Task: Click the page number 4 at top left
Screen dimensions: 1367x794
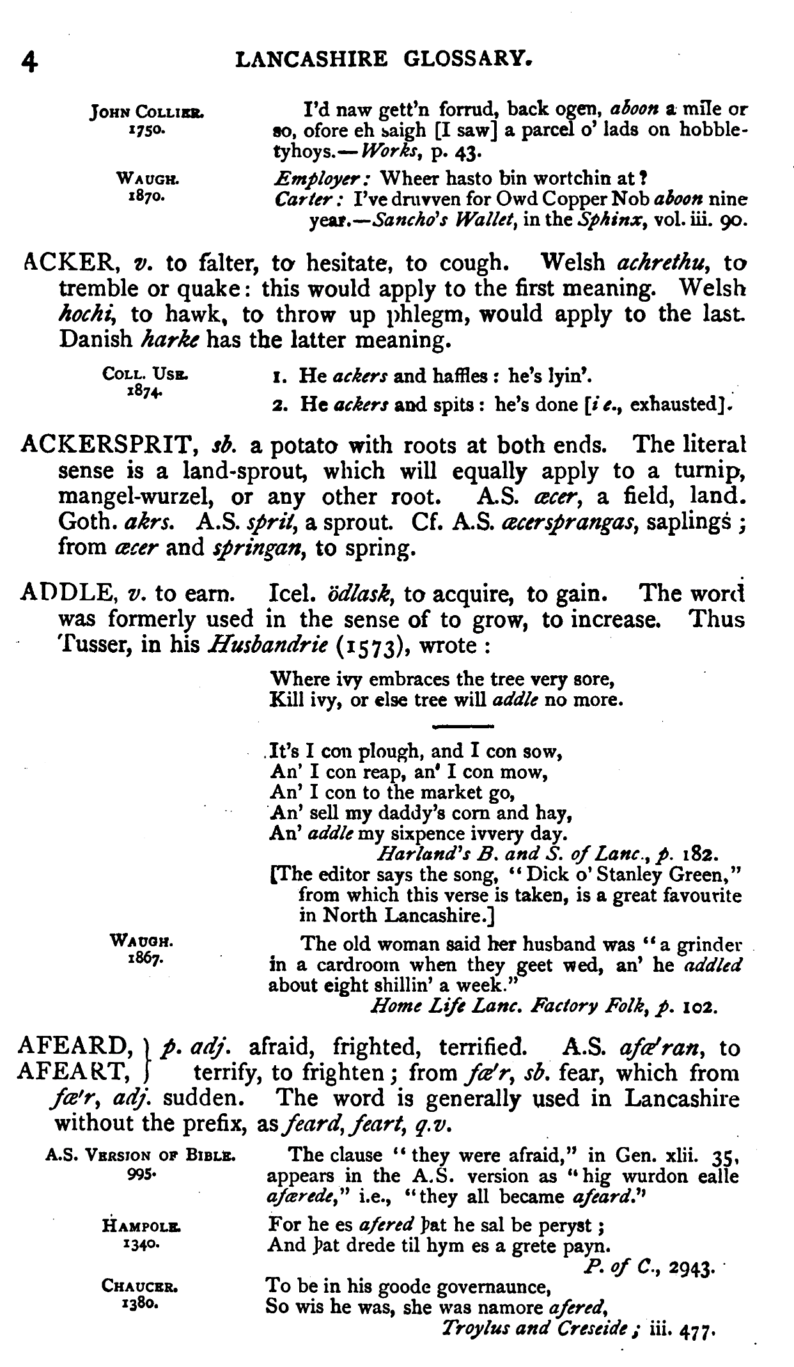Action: click(30, 61)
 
